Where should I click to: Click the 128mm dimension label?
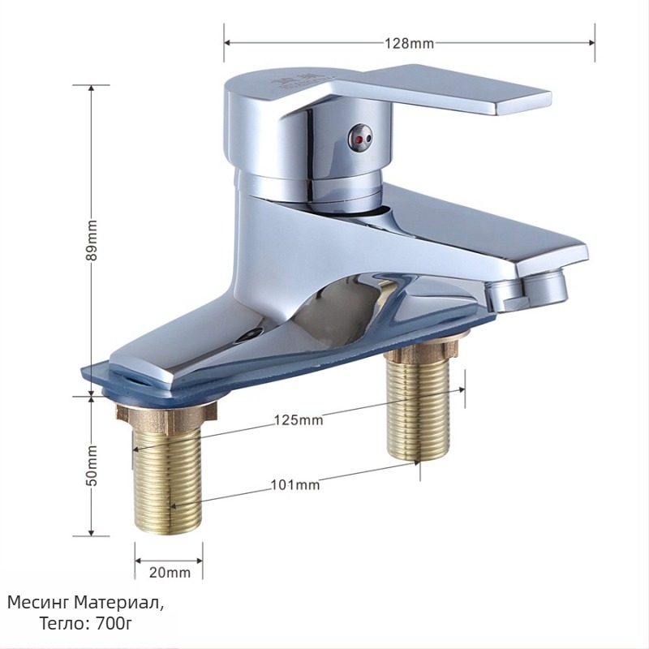click(410, 43)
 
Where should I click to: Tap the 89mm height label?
click(92, 240)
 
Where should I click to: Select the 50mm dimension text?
click(92, 466)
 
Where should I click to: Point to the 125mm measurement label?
click(299, 420)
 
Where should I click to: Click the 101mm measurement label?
click(295, 484)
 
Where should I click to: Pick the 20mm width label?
click(170, 573)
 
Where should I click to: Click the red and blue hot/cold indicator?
click(360, 137)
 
